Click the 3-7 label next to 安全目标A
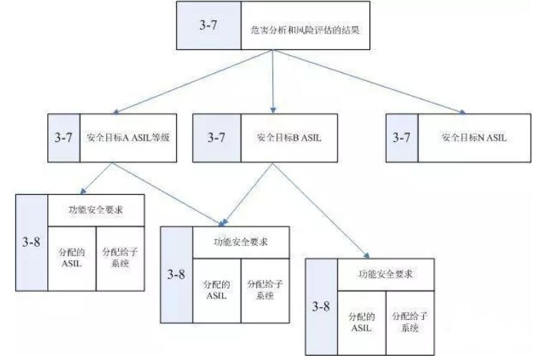(65, 136)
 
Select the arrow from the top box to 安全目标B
(274, 82)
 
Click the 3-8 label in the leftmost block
(32, 241)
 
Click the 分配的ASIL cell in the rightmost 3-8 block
(361, 321)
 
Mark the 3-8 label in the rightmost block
(322, 306)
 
